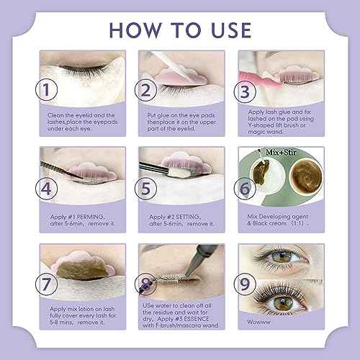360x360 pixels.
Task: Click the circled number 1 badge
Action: tap(46, 89)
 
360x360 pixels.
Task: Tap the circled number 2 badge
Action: tap(145, 90)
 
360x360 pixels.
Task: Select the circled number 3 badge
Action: tap(245, 92)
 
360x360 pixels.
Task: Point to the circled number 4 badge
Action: tap(46, 189)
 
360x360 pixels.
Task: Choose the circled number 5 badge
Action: tap(145, 189)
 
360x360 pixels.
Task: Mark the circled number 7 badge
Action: tap(46, 284)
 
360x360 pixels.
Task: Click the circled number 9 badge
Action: tap(245, 284)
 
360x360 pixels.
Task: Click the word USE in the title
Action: tap(231, 30)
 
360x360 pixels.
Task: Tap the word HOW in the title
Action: tap(135, 30)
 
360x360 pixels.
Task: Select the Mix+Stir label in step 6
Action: tap(281, 153)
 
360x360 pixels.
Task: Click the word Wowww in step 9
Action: tap(258, 322)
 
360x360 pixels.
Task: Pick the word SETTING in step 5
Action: tap(187, 217)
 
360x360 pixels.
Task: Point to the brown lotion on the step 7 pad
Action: tap(81, 269)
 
